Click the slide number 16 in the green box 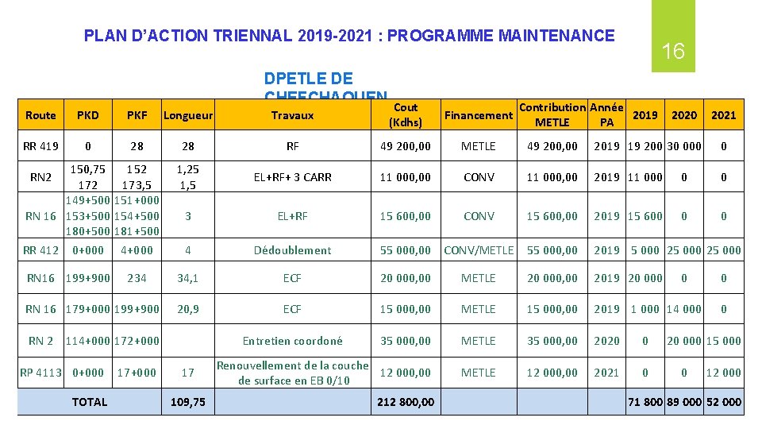tap(673, 52)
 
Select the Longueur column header tap(188, 115)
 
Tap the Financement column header tap(479, 115)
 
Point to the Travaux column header tap(292, 115)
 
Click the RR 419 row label tap(40, 146)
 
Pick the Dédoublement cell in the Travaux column tap(292, 250)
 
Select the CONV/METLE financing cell tap(479, 250)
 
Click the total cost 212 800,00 tap(405, 402)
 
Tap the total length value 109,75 tap(188, 402)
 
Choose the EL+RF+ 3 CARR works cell tap(292, 177)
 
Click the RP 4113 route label tap(40, 373)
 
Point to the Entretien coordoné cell tap(292, 341)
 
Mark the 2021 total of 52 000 tap(723, 402)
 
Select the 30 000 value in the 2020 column tap(684, 146)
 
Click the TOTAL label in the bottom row tap(89, 402)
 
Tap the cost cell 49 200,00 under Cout tap(405, 146)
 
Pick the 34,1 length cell tap(188, 278)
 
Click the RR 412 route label tap(40, 250)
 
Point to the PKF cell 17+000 tap(137, 373)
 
